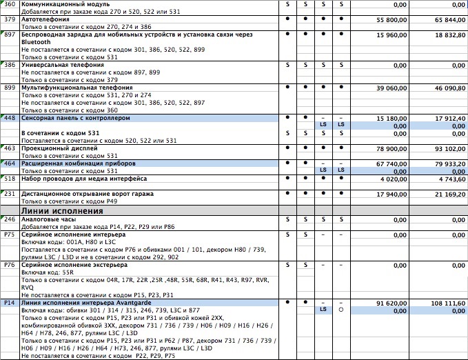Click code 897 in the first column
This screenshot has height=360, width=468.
pos(10,34)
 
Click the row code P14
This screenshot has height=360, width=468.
pos(10,303)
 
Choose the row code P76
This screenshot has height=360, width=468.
pos(10,265)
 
